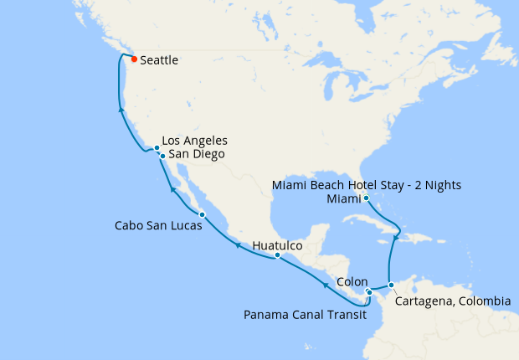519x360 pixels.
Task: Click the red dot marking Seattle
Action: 134,59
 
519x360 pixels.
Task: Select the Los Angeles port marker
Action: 157,148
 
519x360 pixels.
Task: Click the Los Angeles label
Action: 194,141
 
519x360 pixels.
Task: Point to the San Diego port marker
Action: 162,156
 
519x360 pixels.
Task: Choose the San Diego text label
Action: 197,154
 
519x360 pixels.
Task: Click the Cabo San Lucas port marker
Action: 202,215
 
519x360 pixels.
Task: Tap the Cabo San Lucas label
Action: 157,226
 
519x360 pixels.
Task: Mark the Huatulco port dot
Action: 277,255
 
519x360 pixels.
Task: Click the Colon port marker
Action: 369,292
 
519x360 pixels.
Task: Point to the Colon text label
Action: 352,283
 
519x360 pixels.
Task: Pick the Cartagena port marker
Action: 391,285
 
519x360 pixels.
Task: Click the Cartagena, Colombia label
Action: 452,301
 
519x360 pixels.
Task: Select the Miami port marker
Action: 367,198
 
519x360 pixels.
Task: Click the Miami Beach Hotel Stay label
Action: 367,184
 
